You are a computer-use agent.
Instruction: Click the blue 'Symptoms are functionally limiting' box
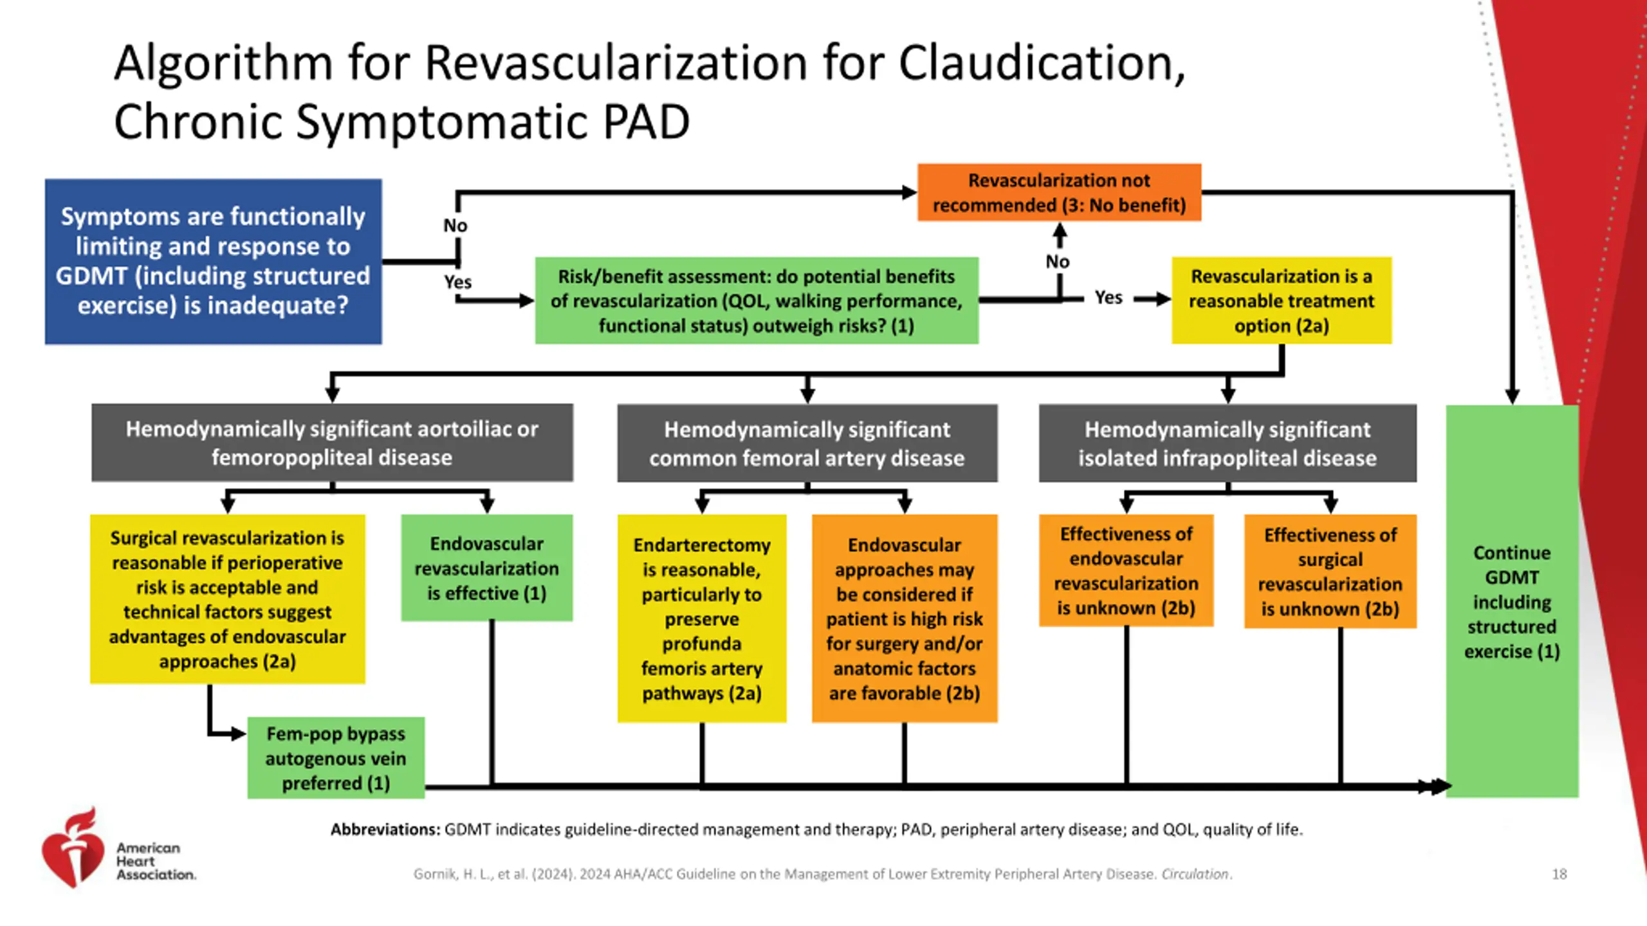213,262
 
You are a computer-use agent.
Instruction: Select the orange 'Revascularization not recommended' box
1059,192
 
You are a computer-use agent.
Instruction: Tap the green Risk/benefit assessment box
757,300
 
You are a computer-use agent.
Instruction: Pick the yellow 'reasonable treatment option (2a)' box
1282,300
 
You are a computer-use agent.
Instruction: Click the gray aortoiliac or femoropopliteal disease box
332,442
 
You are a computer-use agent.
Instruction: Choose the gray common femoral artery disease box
807,443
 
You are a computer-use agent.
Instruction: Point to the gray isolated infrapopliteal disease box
1228,443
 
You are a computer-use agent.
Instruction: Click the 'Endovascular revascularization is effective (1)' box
487,568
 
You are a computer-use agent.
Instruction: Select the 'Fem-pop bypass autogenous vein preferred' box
336,758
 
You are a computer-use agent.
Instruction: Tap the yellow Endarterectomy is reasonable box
702,618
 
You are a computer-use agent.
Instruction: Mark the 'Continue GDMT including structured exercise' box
1512,601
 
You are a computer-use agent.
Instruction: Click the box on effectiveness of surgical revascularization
1330,571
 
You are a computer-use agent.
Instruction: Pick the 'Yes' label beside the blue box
457,282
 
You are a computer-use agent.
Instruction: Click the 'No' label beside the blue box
455,226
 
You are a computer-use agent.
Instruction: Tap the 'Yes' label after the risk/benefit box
1109,298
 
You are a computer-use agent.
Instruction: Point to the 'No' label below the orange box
1058,262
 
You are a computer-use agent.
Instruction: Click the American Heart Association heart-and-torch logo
73,848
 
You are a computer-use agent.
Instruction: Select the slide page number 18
1559,874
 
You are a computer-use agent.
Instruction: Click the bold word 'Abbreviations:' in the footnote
385,830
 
